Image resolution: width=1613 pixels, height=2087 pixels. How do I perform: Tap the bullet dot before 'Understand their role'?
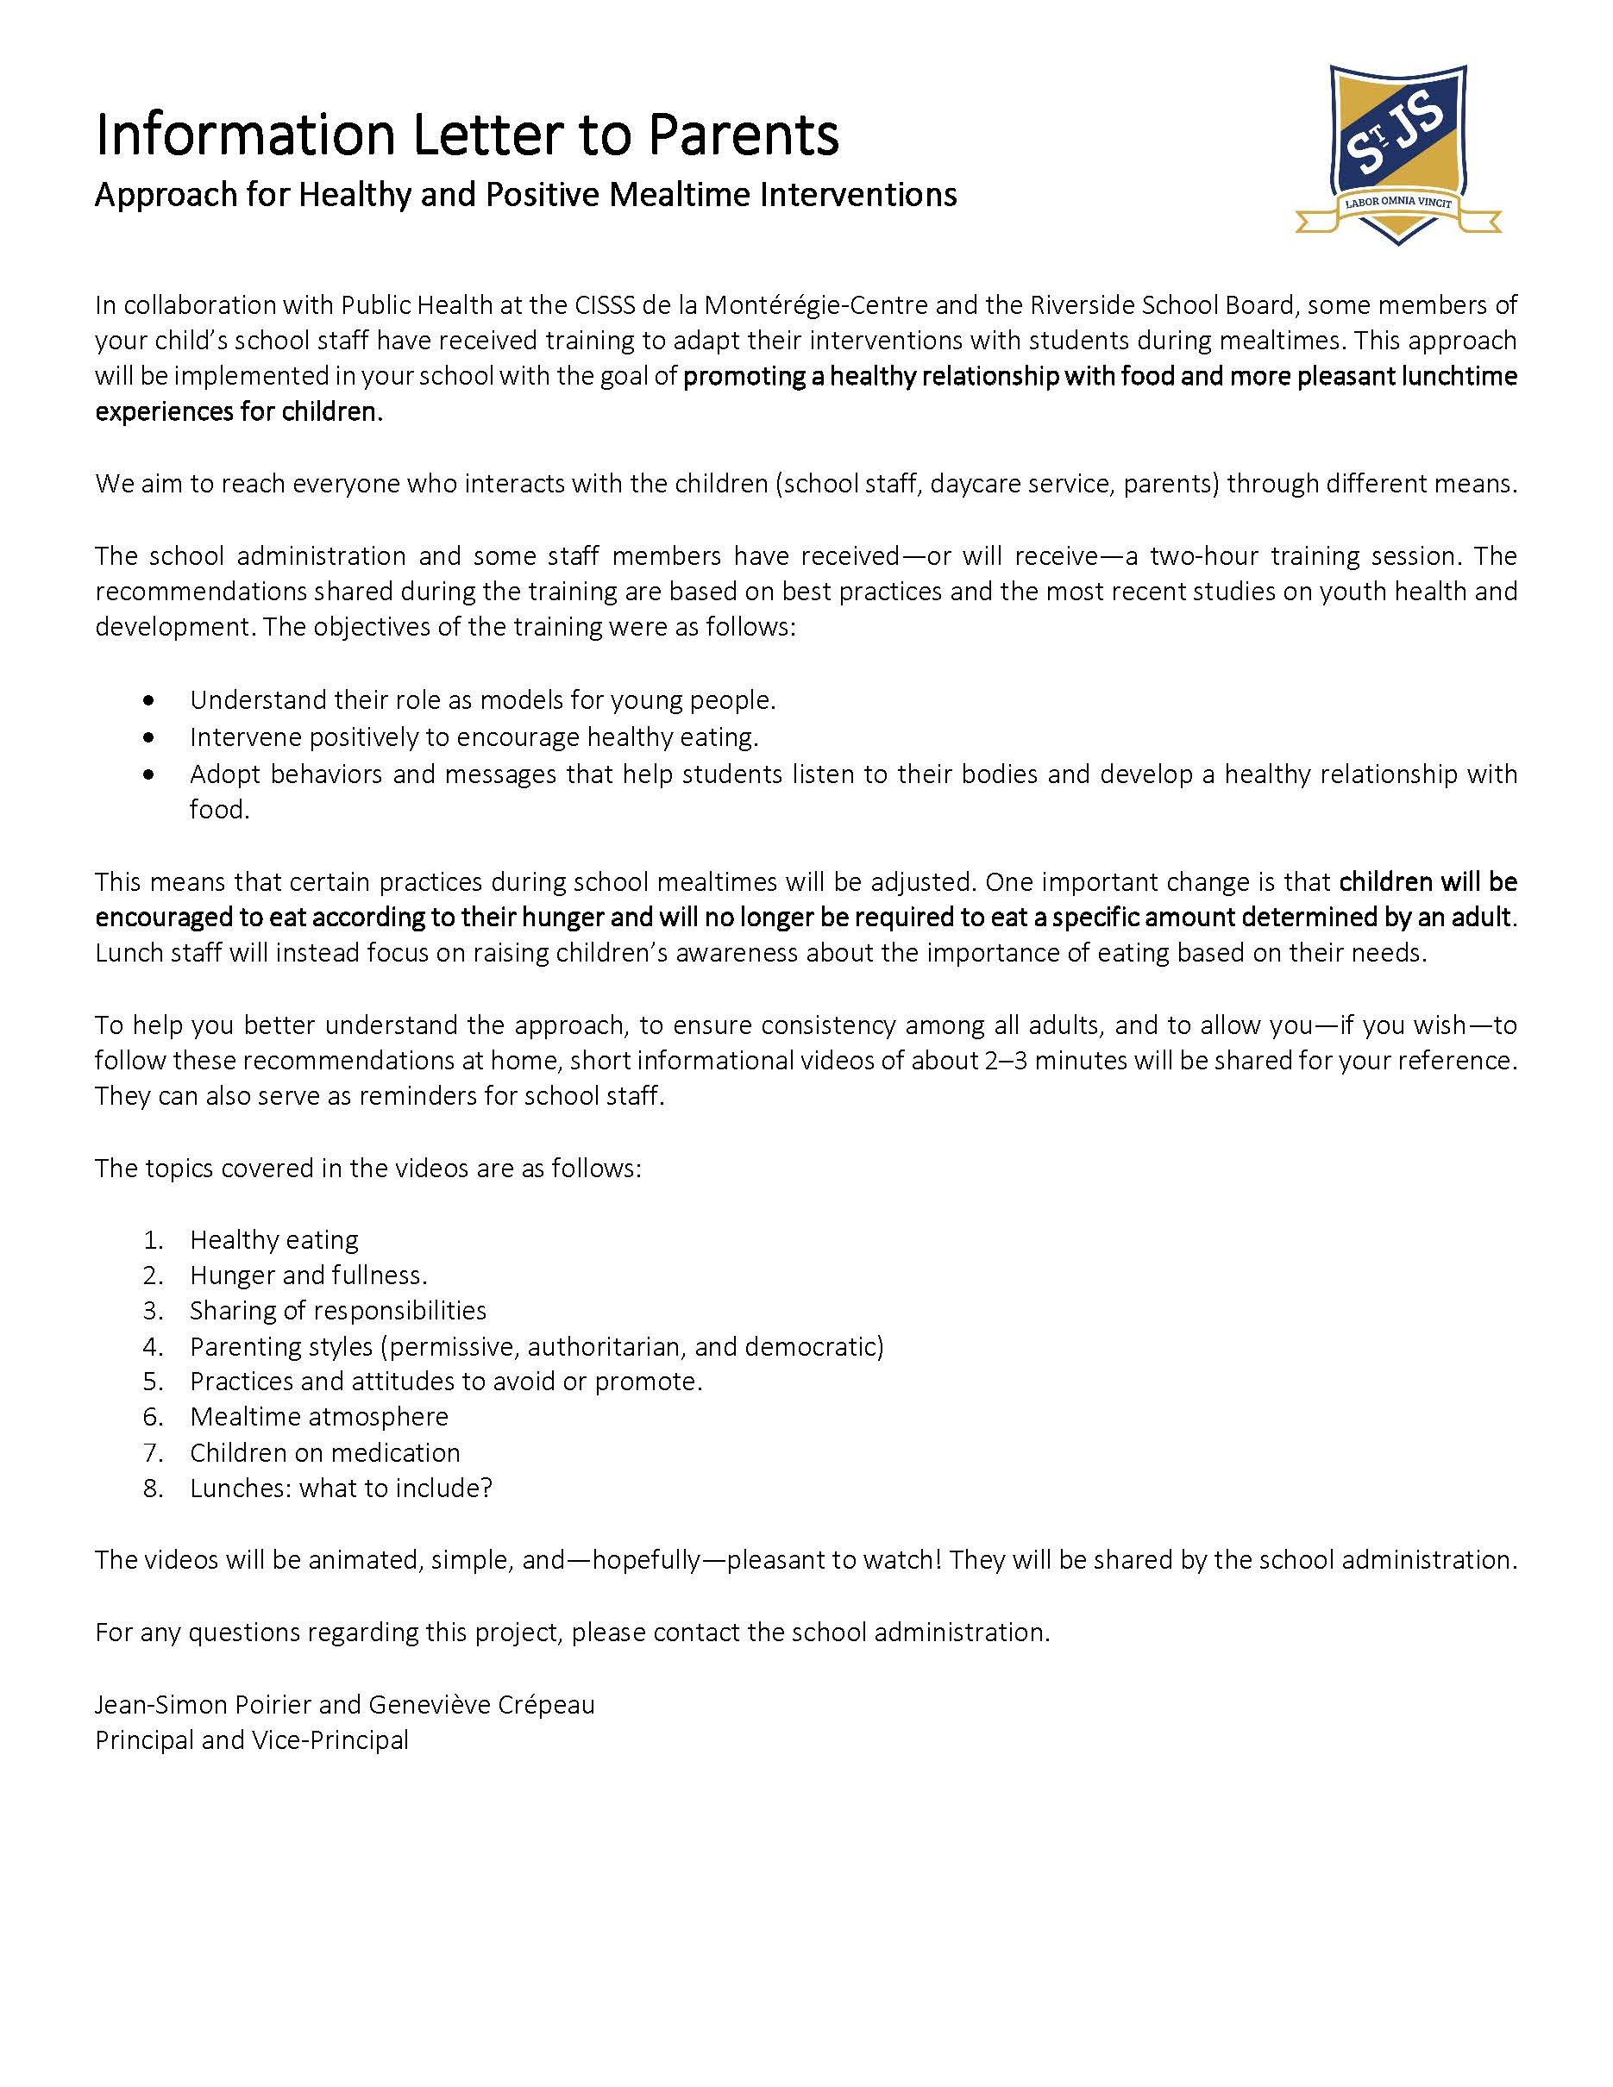[147, 701]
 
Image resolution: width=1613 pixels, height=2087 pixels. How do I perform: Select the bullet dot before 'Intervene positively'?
[147, 737]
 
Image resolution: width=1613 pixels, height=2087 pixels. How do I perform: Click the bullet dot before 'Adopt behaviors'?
[147, 774]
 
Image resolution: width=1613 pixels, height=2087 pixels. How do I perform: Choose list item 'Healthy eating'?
[274, 1240]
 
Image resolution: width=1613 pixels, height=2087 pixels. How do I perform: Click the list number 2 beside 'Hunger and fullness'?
[153, 1275]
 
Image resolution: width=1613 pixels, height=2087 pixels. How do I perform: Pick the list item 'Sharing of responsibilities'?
[338, 1311]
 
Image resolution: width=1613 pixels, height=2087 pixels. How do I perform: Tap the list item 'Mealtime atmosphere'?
[319, 1417]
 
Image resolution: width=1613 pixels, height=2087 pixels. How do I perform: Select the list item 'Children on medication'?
[325, 1453]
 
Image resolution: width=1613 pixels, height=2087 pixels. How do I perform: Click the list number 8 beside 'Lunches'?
[153, 1488]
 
